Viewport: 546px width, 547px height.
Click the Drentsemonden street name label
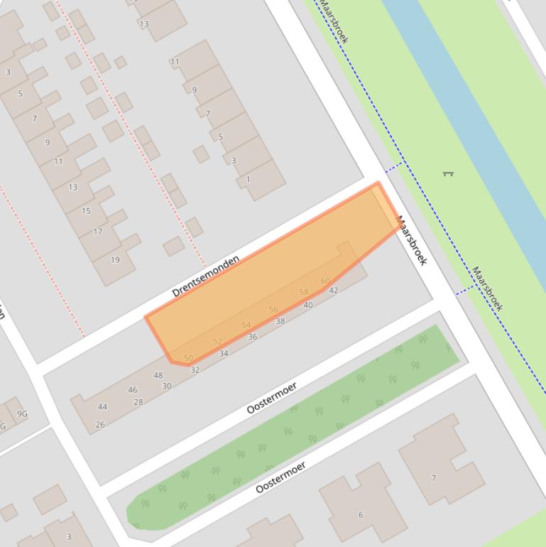pos(205,275)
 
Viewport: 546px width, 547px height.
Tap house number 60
pos(325,281)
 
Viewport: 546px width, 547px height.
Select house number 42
pos(334,290)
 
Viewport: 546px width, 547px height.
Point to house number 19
pos(115,259)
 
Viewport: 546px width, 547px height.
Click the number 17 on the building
pos(98,231)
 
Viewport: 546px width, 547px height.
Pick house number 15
pos(86,210)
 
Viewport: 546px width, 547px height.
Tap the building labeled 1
pos(248,179)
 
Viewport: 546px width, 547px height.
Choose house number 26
pos(100,425)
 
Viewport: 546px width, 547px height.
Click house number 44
pos(102,407)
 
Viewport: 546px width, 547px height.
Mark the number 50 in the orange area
pos(188,358)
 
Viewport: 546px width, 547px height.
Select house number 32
pos(195,369)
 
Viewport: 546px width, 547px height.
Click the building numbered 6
pos(361,514)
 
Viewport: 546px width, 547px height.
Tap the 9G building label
pos(23,413)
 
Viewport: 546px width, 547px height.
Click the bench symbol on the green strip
pos(447,173)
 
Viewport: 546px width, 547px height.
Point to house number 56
pos(273,309)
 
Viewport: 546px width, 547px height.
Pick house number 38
pos(280,321)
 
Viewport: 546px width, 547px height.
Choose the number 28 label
pos(138,402)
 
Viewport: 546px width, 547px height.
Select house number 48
pos(158,375)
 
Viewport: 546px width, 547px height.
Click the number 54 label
pos(246,325)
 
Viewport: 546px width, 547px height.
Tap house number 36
pos(252,337)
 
